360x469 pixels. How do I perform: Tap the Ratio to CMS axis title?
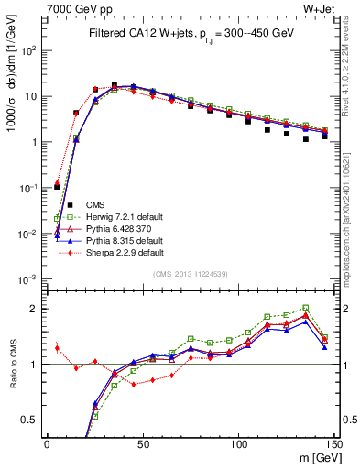pyautogui.click(x=12, y=365)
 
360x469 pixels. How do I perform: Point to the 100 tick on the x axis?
pyautogui.click(x=238, y=443)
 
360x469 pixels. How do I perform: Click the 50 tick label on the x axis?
pyautogui.click(x=142, y=443)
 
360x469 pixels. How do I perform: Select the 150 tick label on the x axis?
pyautogui.click(x=333, y=443)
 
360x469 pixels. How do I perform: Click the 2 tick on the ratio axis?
pyautogui.click(x=36, y=309)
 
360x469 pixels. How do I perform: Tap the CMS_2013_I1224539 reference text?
pyautogui.click(x=190, y=274)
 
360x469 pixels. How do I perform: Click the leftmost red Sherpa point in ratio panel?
pyautogui.click(x=57, y=347)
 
